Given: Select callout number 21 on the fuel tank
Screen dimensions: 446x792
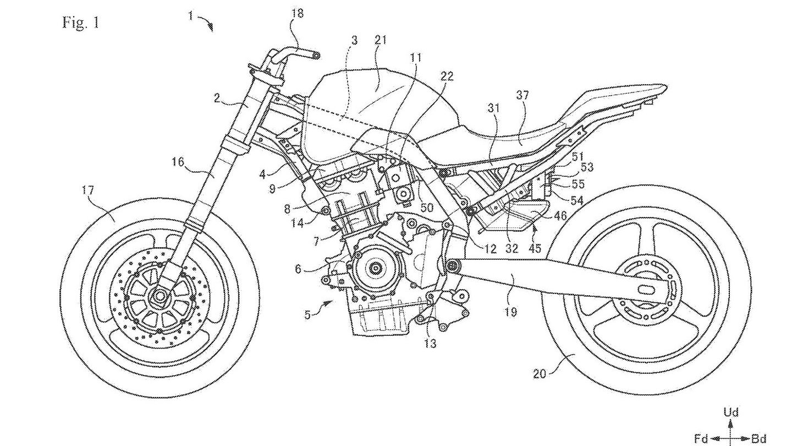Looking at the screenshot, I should pos(381,40).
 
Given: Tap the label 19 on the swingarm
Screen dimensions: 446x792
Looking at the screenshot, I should pos(511,312).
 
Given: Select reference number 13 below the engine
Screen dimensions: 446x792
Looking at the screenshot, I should pos(430,344).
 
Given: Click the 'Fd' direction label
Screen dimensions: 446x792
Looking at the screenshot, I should pos(701,439).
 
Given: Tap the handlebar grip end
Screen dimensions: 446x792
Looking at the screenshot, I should pos(316,55).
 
